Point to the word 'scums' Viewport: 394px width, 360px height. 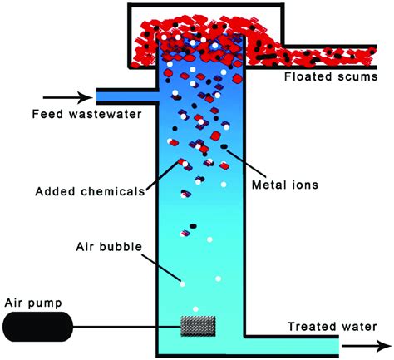point(360,77)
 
